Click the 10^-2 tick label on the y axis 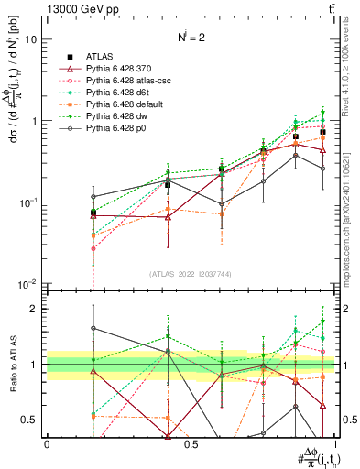click(x=27, y=284)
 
